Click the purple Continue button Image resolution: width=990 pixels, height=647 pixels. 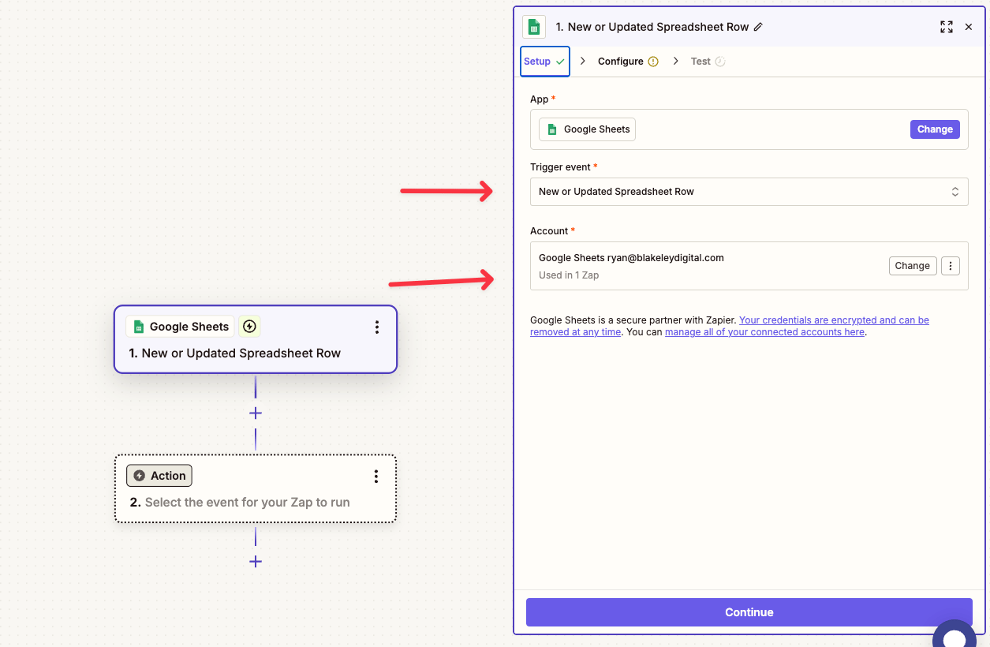749,612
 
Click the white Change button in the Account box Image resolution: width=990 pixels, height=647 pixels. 912,266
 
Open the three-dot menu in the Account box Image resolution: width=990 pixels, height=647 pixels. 951,266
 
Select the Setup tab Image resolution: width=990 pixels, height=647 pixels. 544,62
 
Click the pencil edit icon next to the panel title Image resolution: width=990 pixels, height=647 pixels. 758,27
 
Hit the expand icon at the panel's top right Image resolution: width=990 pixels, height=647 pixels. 947,27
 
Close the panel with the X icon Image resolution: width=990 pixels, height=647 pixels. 969,27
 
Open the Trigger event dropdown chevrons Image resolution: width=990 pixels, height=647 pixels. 955,192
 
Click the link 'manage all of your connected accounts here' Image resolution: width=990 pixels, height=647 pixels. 764,332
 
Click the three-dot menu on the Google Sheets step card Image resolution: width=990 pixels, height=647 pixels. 377,327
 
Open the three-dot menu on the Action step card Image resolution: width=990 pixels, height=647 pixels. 376,476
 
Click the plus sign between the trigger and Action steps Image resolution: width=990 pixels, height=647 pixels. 256,413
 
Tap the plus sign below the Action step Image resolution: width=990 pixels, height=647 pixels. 256,562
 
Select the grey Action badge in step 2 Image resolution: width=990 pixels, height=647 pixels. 159,476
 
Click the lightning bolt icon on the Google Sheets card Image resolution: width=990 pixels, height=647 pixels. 249,327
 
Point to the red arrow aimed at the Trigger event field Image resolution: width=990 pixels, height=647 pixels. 446,191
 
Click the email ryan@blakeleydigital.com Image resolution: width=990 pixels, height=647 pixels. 665,258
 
